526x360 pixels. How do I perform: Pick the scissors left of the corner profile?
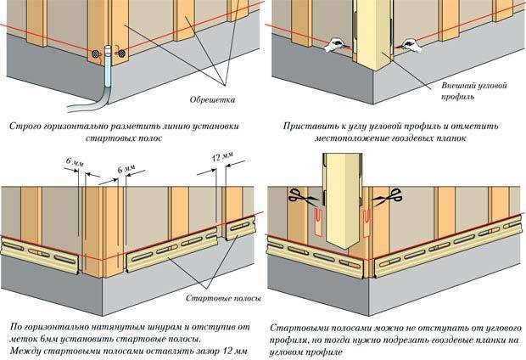[x=299, y=196]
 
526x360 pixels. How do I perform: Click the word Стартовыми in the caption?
[x=302, y=327]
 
